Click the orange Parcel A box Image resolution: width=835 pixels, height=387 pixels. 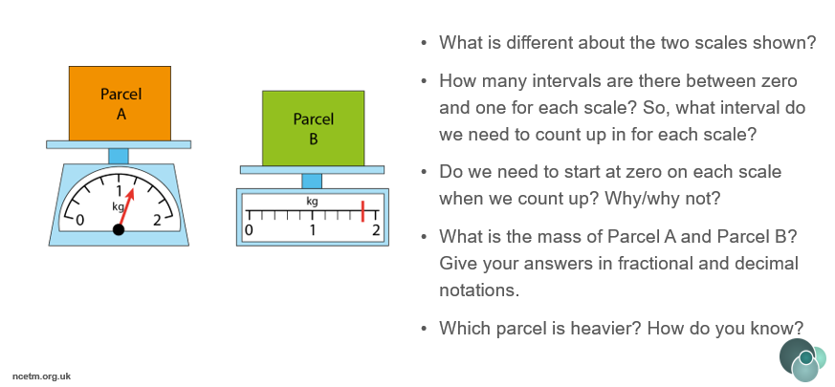click(x=120, y=103)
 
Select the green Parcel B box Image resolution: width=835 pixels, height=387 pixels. click(x=313, y=128)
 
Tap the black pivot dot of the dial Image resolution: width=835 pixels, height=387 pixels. click(x=119, y=229)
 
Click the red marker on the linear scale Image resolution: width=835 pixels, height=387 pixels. click(x=363, y=211)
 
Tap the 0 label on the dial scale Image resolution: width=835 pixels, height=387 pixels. click(x=80, y=220)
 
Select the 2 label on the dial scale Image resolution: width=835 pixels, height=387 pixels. click(x=157, y=220)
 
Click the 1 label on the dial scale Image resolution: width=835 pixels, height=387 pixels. click(x=120, y=191)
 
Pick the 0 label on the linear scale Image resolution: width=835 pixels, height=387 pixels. click(x=249, y=230)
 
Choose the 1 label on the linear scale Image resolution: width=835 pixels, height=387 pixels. click(x=313, y=230)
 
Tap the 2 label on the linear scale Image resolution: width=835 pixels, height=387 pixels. click(x=376, y=230)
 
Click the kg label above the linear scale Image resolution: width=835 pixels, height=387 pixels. click(x=312, y=202)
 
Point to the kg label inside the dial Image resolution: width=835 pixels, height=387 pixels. click(x=119, y=206)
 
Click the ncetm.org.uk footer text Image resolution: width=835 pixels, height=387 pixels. click(x=41, y=376)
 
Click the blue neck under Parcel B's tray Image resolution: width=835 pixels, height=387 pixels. click(x=312, y=181)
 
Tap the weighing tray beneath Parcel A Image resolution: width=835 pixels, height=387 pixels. click(x=119, y=144)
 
